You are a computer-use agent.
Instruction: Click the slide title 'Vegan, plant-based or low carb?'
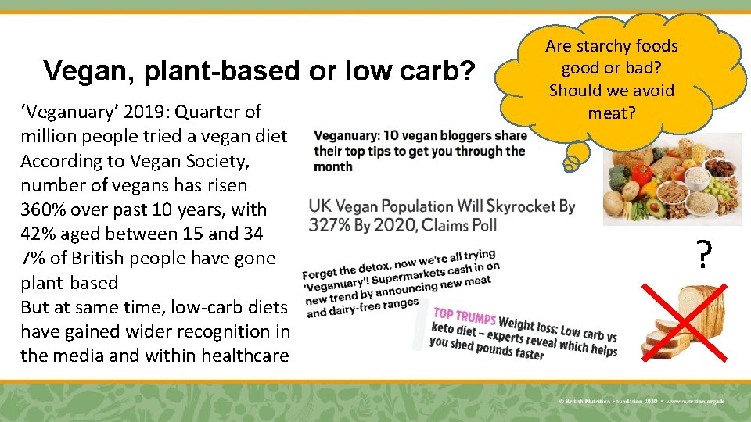tap(259, 71)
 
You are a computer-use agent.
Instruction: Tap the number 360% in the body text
tap(43, 209)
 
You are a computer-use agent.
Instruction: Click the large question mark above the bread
tap(704, 255)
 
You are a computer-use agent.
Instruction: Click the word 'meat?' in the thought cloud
tap(612, 113)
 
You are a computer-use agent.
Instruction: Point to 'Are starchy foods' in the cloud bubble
tap(612, 46)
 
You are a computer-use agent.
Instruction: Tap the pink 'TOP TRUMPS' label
tap(464, 318)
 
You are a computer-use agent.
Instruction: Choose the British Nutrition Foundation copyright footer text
tap(641, 400)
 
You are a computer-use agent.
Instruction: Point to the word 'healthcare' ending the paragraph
tap(244, 356)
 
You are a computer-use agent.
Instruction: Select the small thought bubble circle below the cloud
tap(573, 163)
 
